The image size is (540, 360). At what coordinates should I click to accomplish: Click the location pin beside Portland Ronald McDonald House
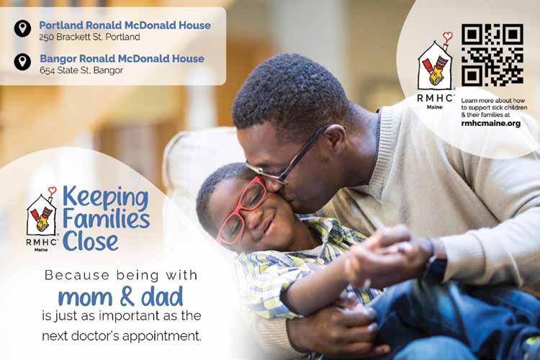tap(23, 28)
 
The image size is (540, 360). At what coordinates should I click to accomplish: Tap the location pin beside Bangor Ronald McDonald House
tap(23, 62)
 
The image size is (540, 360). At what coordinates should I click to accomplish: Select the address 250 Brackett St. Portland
tap(89, 37)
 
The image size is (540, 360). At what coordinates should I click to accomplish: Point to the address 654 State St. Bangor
tap(81, 71)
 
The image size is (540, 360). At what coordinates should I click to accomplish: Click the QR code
tap(492, 55)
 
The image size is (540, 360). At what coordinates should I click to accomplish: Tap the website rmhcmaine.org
tap(491, 123)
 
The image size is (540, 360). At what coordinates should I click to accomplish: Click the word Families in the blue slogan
tap(106, 219)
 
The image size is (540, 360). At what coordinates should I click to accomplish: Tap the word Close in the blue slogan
tap(91, 241)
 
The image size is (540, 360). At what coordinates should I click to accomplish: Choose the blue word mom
tap(85, 298)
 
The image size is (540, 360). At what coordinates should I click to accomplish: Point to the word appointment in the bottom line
tap(161, 336)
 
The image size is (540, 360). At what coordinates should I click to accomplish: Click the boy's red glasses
tap(240, 210)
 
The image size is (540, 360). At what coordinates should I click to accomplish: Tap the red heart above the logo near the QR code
tap(447, 36)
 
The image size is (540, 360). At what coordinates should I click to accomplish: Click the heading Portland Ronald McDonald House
tap(125, 25)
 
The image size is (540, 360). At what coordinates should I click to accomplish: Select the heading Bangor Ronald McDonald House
tap(122, 58)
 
